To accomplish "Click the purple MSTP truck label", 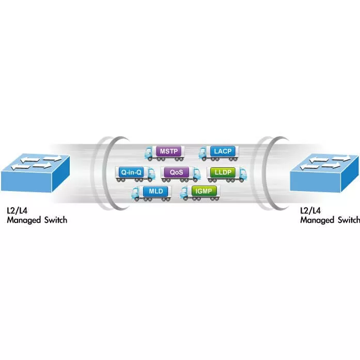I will pyautogui.click(x=169, y=151).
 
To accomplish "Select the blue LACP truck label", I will pyautogui.click(x=223, y=151).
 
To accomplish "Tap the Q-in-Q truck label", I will pyautogui.click(x=131, y=172).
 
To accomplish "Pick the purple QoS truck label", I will pyautogui.click(x=177, y=172).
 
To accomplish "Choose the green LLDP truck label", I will pyautogui.click(x=223, y=172).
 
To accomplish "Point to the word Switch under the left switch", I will pyautogui.click(x=55, y=220).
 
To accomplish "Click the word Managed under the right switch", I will pyautogui.click(x=318, y=220).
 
